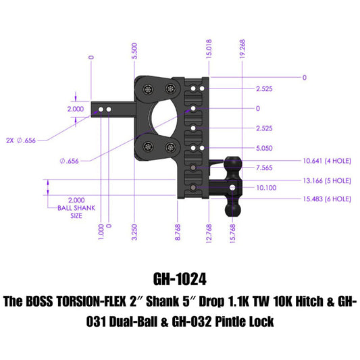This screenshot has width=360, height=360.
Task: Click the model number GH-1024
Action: (x=180, y=278)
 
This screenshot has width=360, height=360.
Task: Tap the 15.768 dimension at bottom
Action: (x=233, y=232)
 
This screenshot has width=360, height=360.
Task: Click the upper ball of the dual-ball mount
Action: (x=232, y=162)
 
